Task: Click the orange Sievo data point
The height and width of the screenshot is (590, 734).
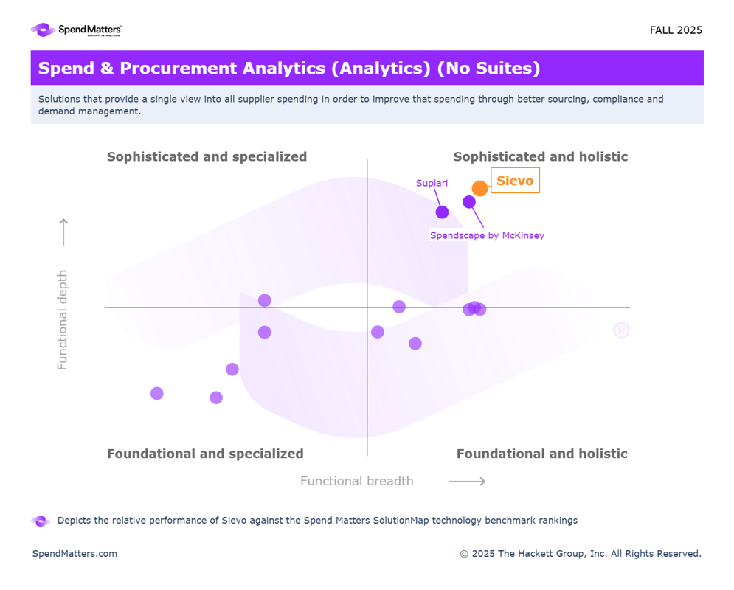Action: [479, 188]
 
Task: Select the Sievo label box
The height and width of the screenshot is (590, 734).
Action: [515, 181]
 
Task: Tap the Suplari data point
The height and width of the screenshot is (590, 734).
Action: [442, 212]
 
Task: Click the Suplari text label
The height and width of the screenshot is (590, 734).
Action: [432, 183]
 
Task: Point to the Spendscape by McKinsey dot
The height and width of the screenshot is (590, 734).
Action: [469, 202]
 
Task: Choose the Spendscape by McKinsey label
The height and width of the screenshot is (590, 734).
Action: [487, 236]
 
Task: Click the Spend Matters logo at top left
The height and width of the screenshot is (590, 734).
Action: [76, 30]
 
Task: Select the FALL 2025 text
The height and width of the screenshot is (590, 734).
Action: [676, 30]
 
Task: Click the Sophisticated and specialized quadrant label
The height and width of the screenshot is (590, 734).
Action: [207, 156]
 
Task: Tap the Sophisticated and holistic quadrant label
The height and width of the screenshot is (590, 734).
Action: [540, 156]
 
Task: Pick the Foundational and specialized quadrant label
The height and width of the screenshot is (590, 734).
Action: [205, 454]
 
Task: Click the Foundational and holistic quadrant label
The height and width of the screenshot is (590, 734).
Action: [541, 454]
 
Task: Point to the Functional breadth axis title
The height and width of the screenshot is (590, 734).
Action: [356, 482]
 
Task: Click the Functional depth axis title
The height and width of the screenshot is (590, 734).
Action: [63, 319]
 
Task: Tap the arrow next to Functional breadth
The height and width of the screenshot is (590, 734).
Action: [467, 482]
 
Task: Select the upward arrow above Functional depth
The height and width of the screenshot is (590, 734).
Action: [63, 232]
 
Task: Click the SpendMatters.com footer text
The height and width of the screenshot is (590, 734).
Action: [75, 554]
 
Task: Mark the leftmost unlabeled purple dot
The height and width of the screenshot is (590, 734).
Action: [157, 393]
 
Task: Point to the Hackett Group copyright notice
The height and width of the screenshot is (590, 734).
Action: [581, 554]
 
